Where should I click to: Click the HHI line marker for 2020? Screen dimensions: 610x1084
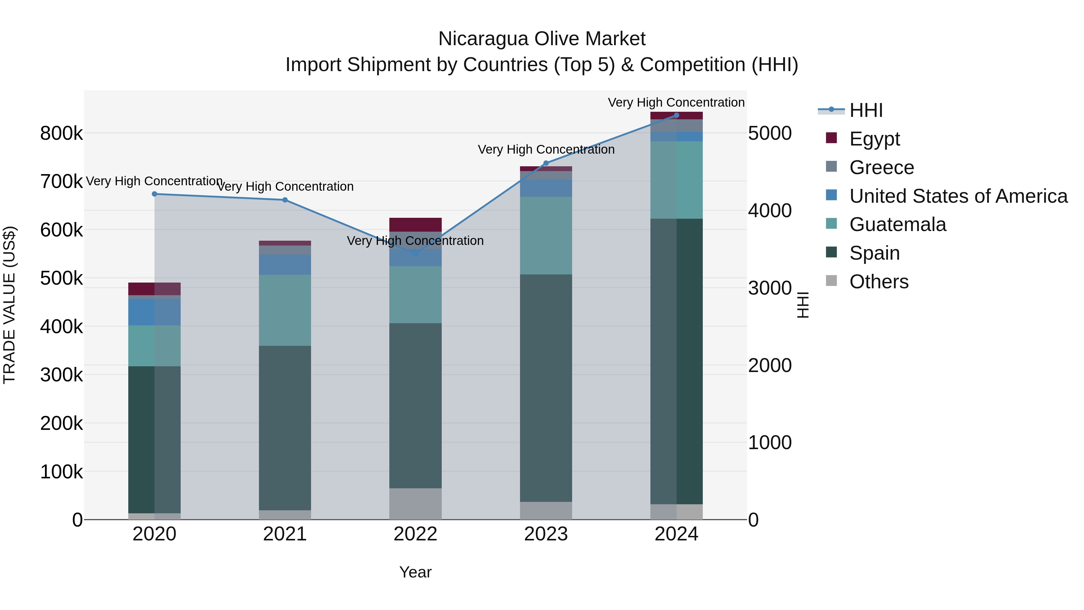pyautogui.click(x=154, y=194)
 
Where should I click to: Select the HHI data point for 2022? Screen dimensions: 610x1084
pyautogui.click(x=415, y=253)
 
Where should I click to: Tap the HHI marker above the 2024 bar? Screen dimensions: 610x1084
pyautogui.click(x=676, y=115)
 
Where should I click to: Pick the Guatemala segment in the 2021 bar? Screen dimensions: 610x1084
pyautogui.click(x=285, y=310)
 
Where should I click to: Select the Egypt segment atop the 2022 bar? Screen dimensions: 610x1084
pyautogui.click(x=415, y=224)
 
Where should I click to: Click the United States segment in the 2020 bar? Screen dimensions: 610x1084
pyautogui.click(x=154, y=312)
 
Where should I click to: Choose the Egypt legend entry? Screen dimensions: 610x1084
pyautogui.click(x=874, y=139)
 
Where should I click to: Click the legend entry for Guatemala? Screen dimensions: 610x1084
pyautogui.click(x=897, y=224)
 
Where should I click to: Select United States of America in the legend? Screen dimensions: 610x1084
pyautogui.click(x=958, y=196)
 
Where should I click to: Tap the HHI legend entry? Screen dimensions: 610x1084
pyautogui.click(x=866, y=110)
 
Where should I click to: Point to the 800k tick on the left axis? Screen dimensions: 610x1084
pyautogui.click(x=61, y=133)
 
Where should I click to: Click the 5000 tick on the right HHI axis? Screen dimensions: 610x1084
pyautogui.click(x=770, y=133)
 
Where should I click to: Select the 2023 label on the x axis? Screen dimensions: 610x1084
pyautogui.click(x=546, y=534)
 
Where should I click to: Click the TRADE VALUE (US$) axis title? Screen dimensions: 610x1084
pyautogui.click(x=9, y=305)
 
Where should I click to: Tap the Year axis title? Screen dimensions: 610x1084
pyautogui.click(x=415, y=572)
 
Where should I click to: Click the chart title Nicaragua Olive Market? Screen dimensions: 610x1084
pyautogui.click(x=542, y=39)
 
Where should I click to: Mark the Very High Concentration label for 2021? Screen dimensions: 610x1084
pyautogui.click(x=285, y=186)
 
